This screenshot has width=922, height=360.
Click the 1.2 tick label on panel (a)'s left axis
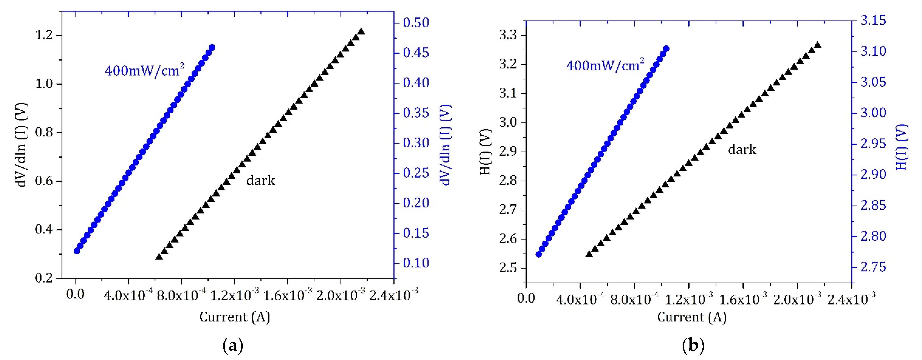click(x=44, y=35)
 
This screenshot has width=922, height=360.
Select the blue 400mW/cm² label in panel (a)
click(x=145, y=69)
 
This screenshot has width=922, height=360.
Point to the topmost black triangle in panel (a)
click(x=361, y=31)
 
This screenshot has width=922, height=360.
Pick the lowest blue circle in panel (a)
click(x=77, y=251)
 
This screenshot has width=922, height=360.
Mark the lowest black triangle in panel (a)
click(x=159, y=256)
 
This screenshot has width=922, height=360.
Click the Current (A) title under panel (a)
click(x=235, y=317)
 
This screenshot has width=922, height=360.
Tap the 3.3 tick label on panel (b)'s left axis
click(x=508, y=35)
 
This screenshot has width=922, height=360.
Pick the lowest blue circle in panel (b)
click(x=539, y=254)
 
